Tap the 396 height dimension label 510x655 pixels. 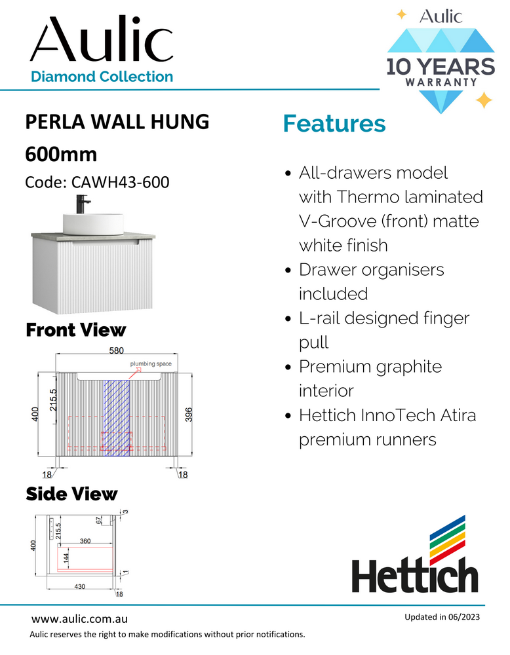(189, 413)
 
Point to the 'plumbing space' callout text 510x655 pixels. (151, 364)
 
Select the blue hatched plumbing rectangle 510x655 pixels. (116, 417)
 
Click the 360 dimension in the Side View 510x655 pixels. (85, 542)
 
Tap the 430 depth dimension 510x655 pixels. (79, 587)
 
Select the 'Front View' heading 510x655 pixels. (75, 329)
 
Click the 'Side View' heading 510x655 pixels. (71, 493)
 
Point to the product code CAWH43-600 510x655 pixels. (97, 181)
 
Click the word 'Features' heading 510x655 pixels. (334, 124)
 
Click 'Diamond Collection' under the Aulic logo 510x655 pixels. (102, 77)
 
